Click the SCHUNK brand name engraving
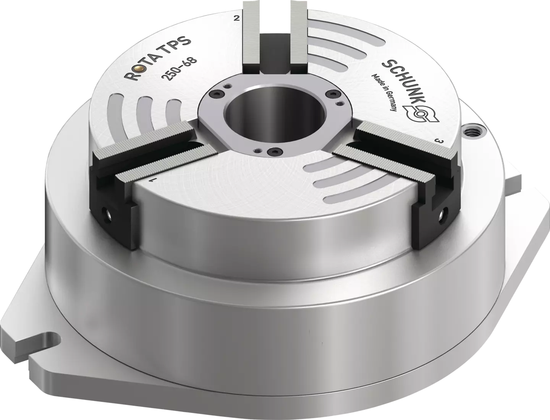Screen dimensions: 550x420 pos(403,82)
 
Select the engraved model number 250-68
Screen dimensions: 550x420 pos(179,69)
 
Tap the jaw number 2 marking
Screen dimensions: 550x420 pos(236,18)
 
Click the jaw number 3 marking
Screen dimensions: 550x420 pos(442,141)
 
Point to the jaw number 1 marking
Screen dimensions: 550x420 pos(153,180)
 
